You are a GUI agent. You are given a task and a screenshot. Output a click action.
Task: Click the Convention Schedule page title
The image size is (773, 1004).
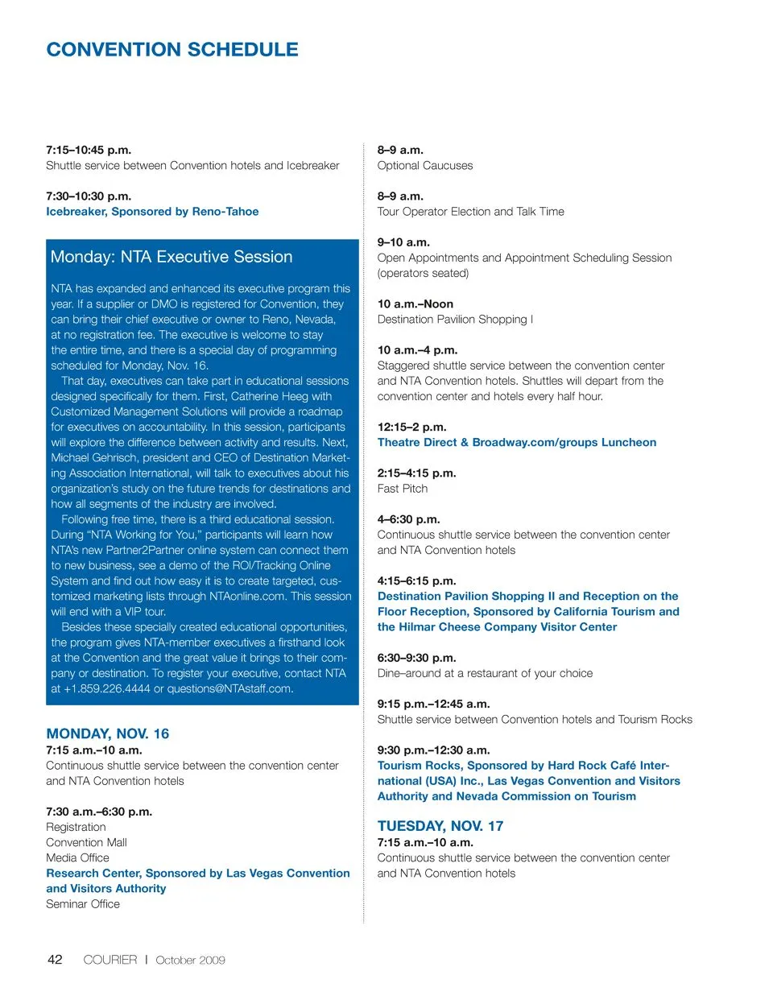(x=172, y=50)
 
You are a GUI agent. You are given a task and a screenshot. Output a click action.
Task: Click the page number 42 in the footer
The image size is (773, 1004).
(x=55, y=959)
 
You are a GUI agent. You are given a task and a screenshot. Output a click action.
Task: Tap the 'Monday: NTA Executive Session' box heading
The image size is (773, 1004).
(x=172, y=257)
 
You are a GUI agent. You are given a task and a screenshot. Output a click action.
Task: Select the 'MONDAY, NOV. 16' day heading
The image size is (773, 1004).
(x=108, y=733)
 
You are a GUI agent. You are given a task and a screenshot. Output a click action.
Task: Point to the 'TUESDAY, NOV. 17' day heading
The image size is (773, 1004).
(x=440, y=826)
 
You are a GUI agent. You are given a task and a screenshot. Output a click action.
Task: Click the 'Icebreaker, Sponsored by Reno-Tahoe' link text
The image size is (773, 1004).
(x=152, y=212)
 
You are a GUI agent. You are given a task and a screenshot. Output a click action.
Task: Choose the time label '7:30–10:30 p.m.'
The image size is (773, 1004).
(x=89, y=196)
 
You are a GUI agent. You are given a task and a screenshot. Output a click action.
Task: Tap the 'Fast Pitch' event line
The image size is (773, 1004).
(x=403, y=489)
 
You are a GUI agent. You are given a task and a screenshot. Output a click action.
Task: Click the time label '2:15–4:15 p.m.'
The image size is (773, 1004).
(x=417, y=473)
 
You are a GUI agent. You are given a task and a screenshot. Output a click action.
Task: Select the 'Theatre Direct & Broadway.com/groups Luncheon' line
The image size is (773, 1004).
(x=517, y=443)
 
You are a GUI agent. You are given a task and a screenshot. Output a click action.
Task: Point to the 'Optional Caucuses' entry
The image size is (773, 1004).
(x=425, y=166)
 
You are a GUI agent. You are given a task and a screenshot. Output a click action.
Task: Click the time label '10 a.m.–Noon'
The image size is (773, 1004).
(x=415, y=304)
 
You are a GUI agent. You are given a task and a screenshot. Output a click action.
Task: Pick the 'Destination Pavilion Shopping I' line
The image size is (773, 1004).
(x=455, y=320)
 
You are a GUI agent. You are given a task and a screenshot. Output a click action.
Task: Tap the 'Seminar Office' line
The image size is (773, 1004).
(x=83, y=904)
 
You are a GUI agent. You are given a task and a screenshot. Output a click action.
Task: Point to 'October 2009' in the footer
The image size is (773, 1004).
(x=190, y=960)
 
